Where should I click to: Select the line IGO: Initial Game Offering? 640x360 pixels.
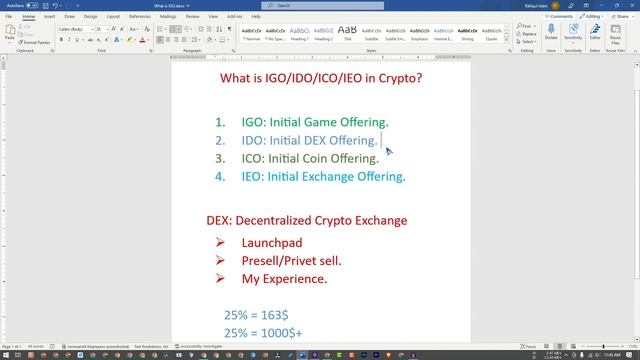314,122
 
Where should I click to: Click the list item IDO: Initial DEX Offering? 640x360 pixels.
309,140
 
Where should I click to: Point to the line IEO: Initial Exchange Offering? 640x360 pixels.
323,176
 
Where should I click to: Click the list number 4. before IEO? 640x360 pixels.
220,176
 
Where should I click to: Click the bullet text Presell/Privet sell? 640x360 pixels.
291,261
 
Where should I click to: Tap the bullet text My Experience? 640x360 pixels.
284,279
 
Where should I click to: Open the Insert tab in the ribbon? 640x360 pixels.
49,17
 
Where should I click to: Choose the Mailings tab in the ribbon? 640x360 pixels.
167,17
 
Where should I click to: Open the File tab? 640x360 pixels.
9,17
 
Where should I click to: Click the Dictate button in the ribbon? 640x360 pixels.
551,32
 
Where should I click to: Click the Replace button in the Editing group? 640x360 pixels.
527,34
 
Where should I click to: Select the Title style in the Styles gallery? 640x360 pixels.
347,32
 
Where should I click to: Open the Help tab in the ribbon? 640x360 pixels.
257,17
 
